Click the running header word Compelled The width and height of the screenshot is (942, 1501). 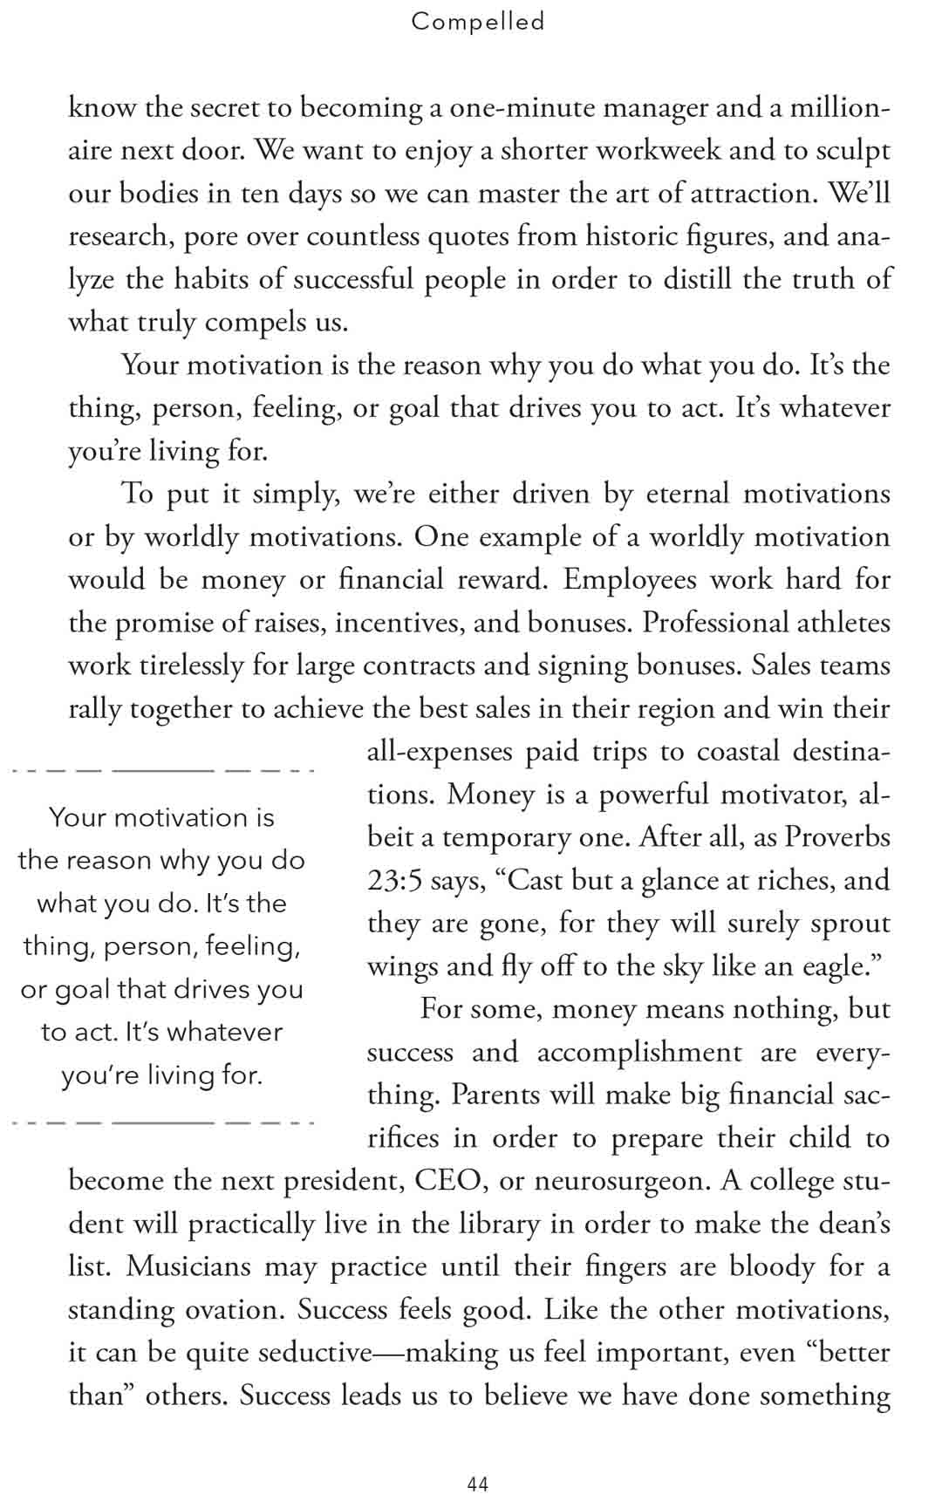tap(478, 21)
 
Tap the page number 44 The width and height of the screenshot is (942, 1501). tap(478, 1484)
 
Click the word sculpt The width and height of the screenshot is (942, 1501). tap(853, 150)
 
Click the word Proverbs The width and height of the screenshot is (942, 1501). tap(837, 836)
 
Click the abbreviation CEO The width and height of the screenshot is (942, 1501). tap(448, 1181)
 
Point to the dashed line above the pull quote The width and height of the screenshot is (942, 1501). tap(163, 771)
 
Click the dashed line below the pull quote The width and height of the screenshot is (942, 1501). tap(163, 1122)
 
